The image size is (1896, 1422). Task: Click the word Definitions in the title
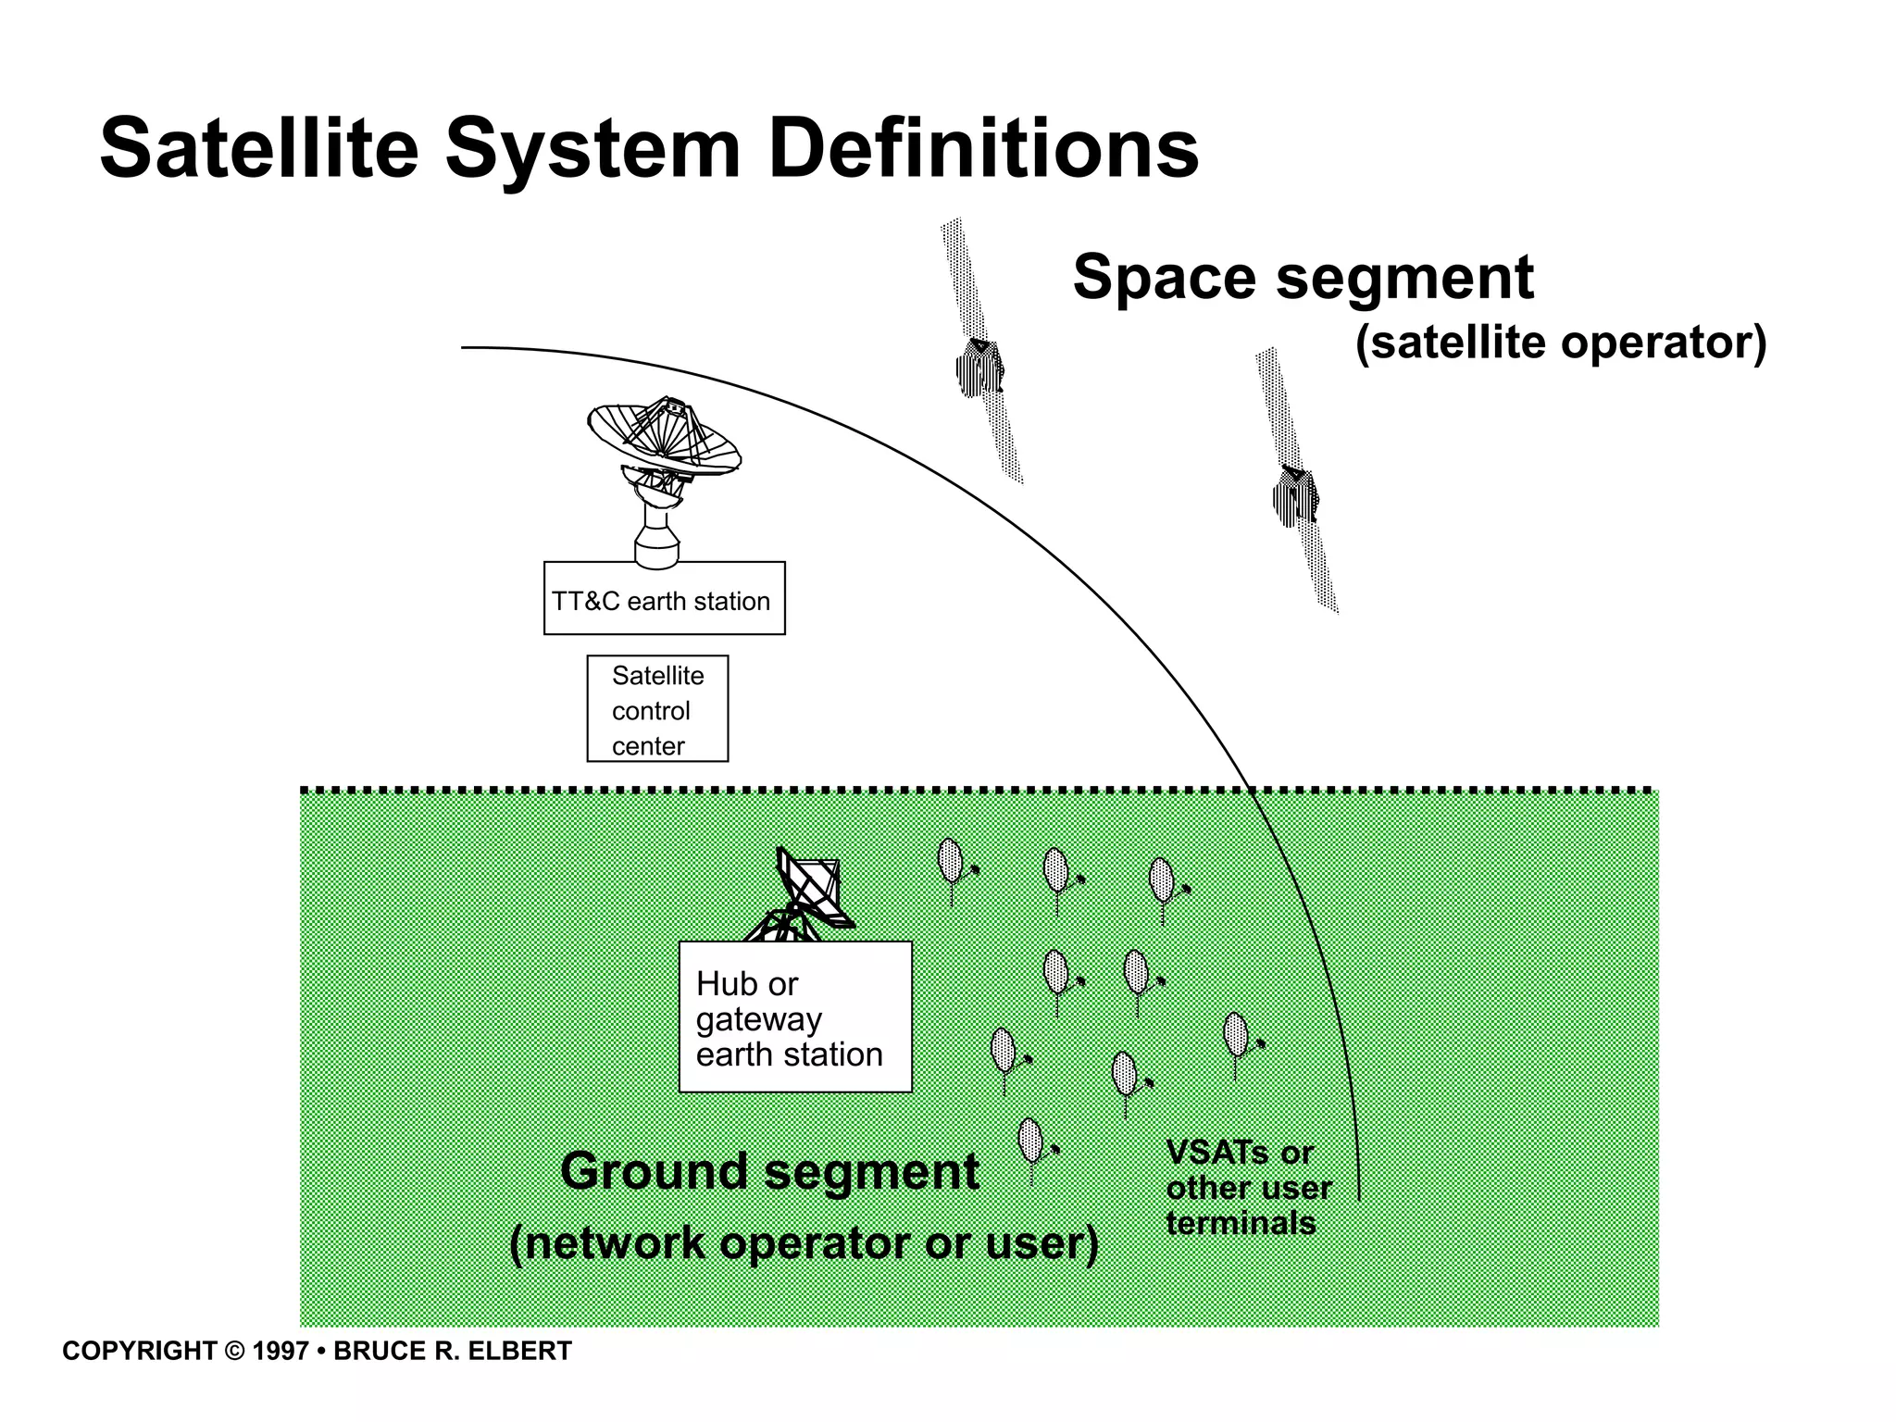[x=983, y=149]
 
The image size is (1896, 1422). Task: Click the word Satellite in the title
[x=259, y=149]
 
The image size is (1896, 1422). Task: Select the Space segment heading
[x=1303, y=277]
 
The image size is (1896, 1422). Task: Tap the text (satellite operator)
[x=1561, y=343]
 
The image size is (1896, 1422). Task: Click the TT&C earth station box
[x=664, y=599]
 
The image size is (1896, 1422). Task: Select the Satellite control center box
[x=657, y=709]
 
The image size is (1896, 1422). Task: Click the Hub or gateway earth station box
[x=795, y=1017]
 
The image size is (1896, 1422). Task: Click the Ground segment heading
[x=769, y=1172]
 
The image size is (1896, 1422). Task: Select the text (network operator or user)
[x=804, y=1243]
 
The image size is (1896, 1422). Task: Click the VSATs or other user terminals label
[x=1248, y=1189]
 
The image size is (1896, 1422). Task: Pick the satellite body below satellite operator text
[x=1295, y=497]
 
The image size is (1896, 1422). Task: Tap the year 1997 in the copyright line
[x=281, y=1352]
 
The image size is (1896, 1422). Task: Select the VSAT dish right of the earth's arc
[x=1237, y=1036]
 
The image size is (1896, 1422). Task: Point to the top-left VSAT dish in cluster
[x=951, y=861]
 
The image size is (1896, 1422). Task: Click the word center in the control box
[x=648, y=746]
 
